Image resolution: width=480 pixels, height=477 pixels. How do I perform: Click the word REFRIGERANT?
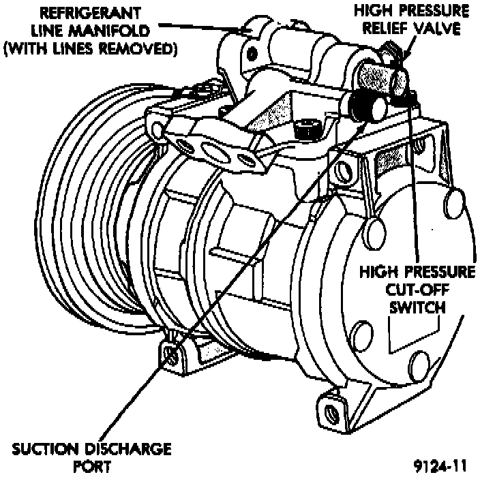point(91,14)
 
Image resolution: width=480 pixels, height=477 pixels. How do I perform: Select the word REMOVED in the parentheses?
point(145,51)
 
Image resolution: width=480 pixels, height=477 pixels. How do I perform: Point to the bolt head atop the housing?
point(307,127)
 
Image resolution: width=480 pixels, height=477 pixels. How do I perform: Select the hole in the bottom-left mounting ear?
point(170,354)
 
